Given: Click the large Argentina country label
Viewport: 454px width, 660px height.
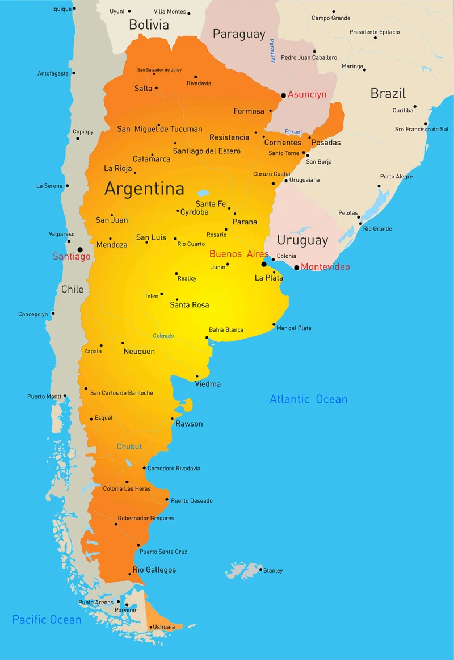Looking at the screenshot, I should (x=144, y=189).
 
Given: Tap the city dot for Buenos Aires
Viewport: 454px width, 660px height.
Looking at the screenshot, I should (x=264, y=264).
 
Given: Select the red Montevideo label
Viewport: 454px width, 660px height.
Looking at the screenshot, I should (x=325, y=266).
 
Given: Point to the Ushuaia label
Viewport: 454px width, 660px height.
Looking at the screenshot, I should (x=163, y=627).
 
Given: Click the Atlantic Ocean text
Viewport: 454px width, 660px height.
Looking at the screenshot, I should (x=308, y=399).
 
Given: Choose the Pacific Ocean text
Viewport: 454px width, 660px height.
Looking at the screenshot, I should (x=47, y=620).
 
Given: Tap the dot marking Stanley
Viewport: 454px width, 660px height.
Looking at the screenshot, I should (x=260, y=570).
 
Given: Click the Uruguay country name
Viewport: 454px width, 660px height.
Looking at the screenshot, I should (x=302, y=240).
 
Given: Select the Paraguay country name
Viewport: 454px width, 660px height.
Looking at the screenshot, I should (x=239, y=34).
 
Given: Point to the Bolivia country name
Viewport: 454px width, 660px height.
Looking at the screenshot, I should (x=149, y=24).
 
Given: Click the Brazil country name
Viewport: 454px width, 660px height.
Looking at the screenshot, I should (x=388, y=93).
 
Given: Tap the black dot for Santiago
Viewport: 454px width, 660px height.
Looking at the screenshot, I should (x=80, y=249).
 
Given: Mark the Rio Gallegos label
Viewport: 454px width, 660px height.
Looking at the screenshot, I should (x=154, y=570).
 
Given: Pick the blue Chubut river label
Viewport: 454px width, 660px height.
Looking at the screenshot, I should (x=129, y=446).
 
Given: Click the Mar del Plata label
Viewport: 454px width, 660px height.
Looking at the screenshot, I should (x=294, y=328).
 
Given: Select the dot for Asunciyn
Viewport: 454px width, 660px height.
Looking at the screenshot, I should (x=283, y=95).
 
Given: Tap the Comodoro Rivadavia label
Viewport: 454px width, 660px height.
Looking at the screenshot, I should (x=174, y=469).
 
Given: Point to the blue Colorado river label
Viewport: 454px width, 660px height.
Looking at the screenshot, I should (x=163, y=336).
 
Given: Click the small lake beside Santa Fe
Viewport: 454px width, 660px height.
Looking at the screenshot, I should (x=203, y=193).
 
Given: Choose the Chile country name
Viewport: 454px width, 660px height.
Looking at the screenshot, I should (x=72, y=289).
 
